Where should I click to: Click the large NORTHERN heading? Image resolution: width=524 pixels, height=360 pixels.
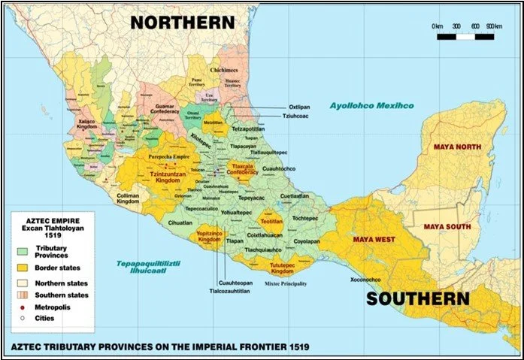click(183, 21)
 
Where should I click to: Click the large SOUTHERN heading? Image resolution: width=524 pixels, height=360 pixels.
click(418, 298)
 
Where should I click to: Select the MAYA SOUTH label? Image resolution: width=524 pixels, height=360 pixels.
click(447, 226)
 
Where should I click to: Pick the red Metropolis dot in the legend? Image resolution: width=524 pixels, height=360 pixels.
click(22, 307)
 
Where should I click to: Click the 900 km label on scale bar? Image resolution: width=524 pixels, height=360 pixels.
click(493, 26)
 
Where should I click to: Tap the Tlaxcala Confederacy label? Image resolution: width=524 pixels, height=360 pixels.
click(243, 169)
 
